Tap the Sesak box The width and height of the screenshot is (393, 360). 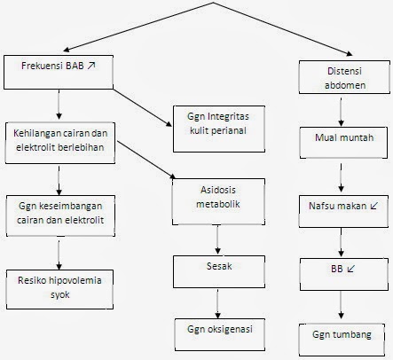218,265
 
